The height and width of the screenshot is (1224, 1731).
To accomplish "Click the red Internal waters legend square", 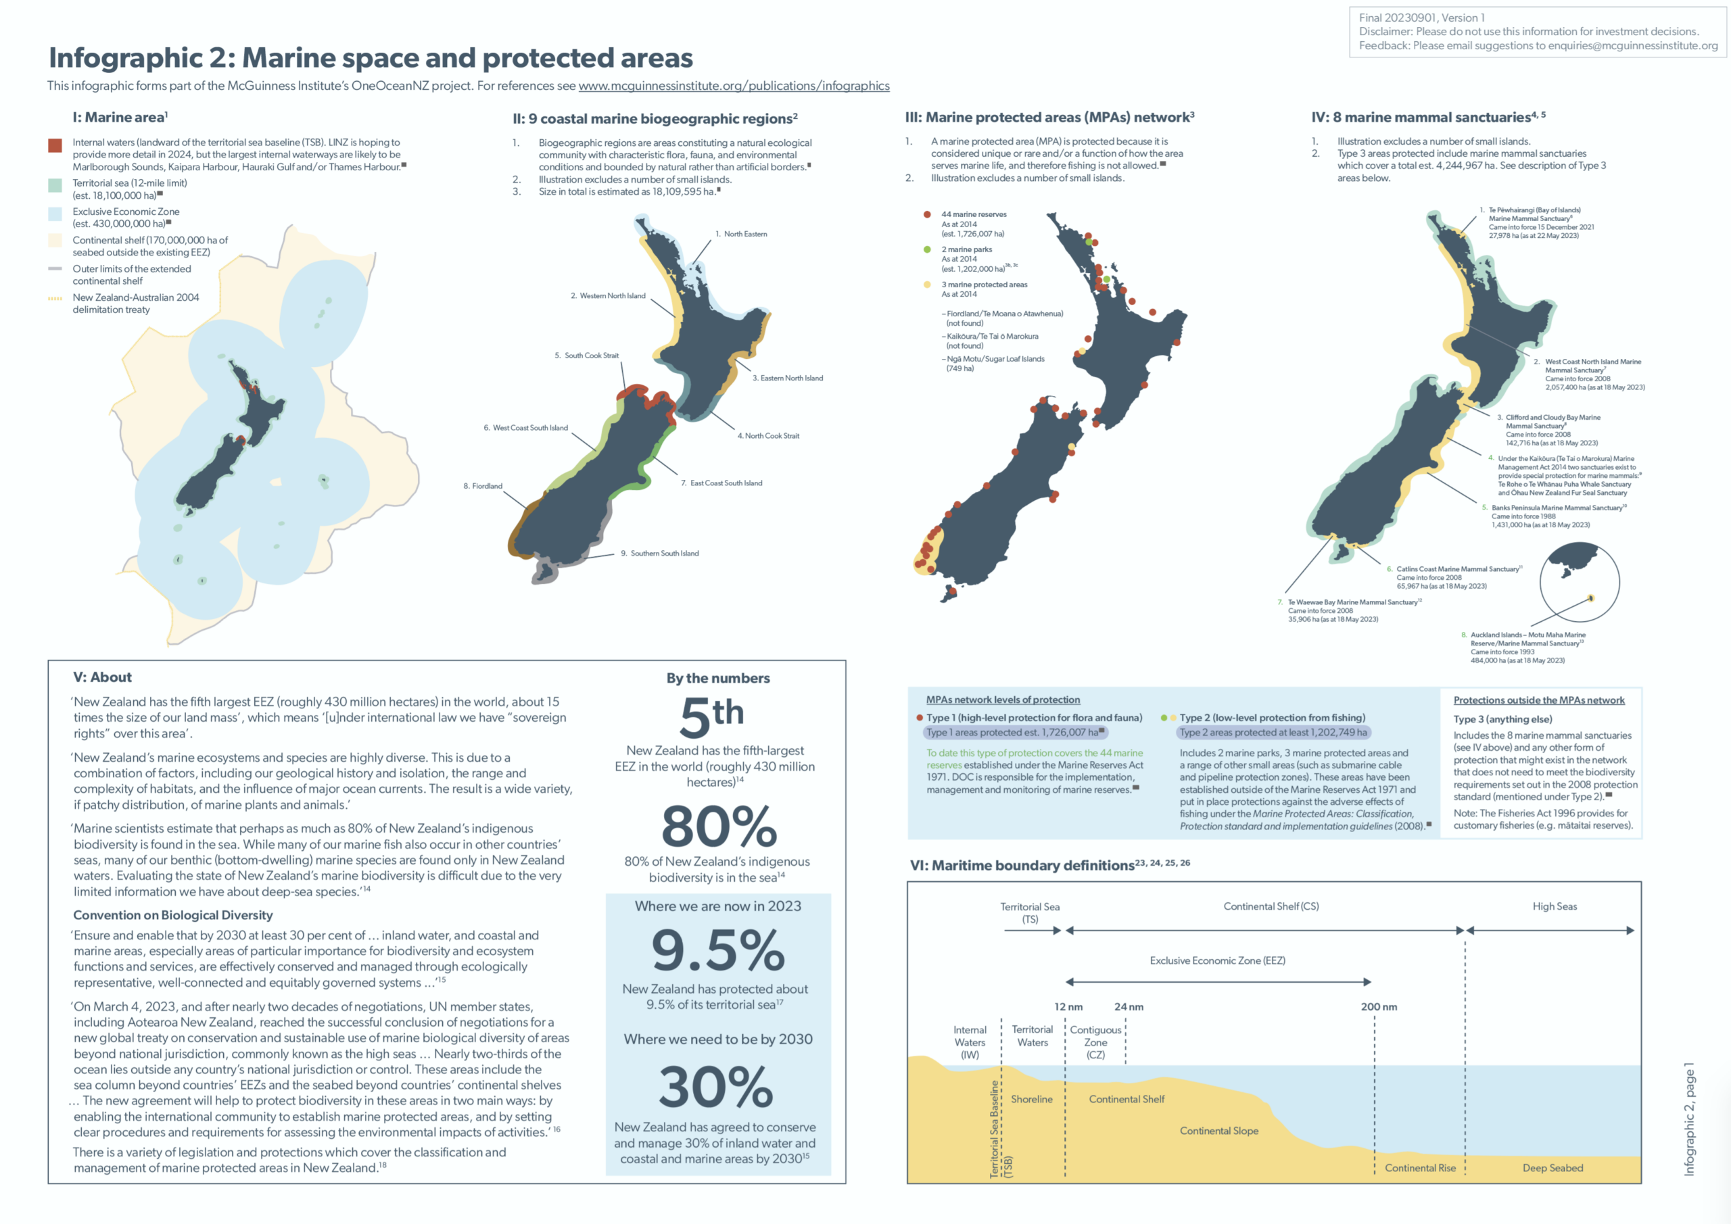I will [55, 145].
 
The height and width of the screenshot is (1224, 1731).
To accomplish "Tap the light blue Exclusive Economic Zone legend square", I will [55, 214].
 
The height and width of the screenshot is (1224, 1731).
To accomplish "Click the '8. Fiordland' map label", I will [483, 486].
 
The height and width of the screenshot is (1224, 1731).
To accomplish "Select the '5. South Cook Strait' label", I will [586, 356].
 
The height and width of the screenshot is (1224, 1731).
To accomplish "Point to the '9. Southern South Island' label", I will [660, 554].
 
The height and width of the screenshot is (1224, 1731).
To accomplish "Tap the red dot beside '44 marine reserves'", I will [927, 215].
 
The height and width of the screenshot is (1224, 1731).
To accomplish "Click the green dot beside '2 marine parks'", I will [927, 249].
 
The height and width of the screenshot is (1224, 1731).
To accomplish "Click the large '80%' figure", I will [719, 827].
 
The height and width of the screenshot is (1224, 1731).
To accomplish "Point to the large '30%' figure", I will [716, 1087].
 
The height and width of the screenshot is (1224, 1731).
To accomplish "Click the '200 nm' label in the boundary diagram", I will [1379, 1007].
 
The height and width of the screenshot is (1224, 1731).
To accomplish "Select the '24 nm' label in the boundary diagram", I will [1129, 1007].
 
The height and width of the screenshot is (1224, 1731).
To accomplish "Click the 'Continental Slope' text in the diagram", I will [1219, 1131].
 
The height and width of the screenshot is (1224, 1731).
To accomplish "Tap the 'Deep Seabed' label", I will [1552, 1167].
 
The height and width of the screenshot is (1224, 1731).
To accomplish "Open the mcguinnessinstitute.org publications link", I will [734, 86].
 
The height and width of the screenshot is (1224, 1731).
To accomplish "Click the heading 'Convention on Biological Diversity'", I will [172, 915].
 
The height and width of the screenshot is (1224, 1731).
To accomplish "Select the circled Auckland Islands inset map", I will [1579, 582].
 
